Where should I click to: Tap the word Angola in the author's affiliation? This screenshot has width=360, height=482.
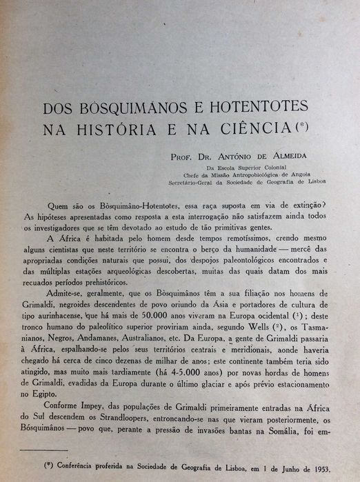313,174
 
